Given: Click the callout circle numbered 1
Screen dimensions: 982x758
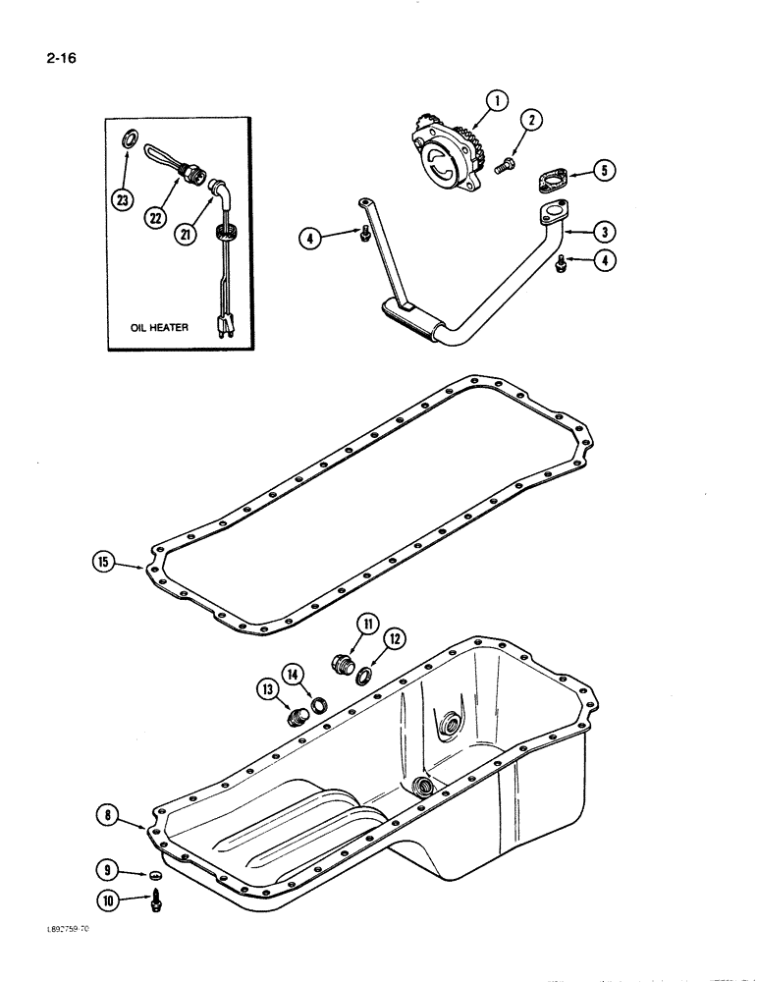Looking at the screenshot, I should (x=498, y=100).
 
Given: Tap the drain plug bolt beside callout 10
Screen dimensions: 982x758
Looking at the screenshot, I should (x=154, y=900).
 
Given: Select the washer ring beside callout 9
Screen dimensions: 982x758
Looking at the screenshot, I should (x=154, y=874).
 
